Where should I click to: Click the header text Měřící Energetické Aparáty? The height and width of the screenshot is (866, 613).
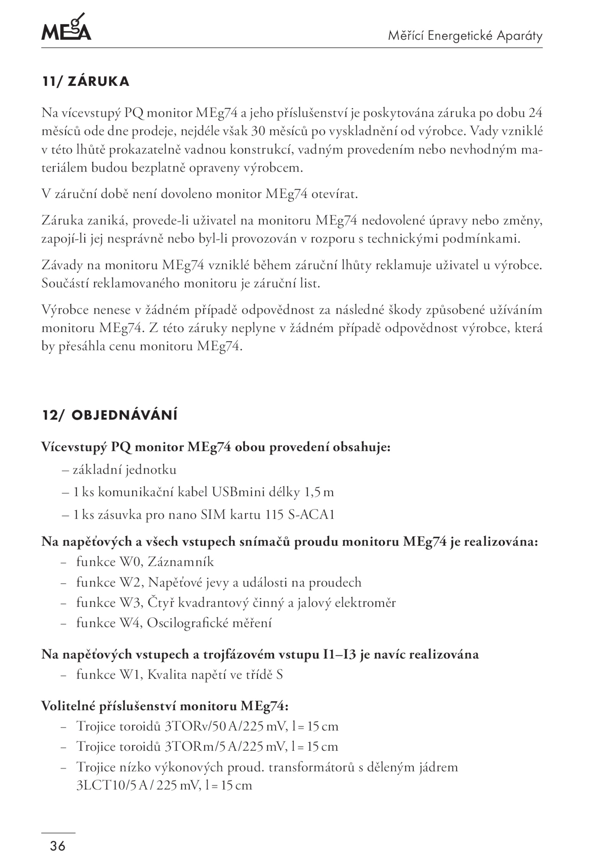coord(465,36)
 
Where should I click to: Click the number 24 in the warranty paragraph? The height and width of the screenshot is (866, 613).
coord(535,113)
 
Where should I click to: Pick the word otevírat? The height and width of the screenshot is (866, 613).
coord(334,194)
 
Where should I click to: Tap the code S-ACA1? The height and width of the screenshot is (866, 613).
coord(311,515)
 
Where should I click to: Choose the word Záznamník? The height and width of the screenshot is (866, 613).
coord(180,562)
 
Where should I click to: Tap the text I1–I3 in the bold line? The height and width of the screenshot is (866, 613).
coord(339,654)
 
